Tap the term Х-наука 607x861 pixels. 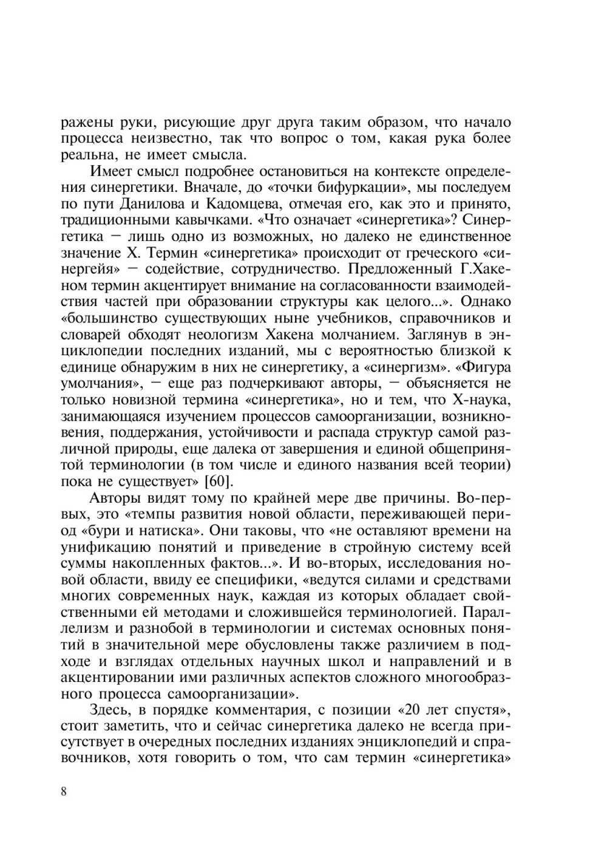click(x=483, y=400)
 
